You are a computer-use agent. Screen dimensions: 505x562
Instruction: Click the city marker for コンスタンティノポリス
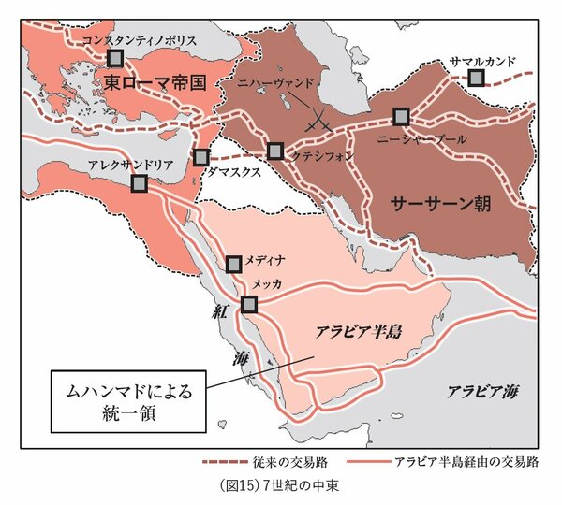point(115,58)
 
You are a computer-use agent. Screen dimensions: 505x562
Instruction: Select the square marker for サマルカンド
point(477,79)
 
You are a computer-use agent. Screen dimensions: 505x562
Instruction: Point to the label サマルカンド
point(483,61)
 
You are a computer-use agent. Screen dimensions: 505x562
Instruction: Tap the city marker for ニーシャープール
point(402,117)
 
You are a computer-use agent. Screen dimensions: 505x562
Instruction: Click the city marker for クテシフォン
point(275,151)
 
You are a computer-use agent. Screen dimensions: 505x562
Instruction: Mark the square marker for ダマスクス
point(201,157)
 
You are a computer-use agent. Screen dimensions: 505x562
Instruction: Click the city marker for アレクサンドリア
point(140,185)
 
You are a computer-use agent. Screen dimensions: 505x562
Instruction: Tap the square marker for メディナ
point(236,263)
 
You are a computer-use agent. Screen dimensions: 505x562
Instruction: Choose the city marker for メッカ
point(249,303)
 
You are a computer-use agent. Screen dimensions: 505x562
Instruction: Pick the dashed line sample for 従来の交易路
point(232,462)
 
